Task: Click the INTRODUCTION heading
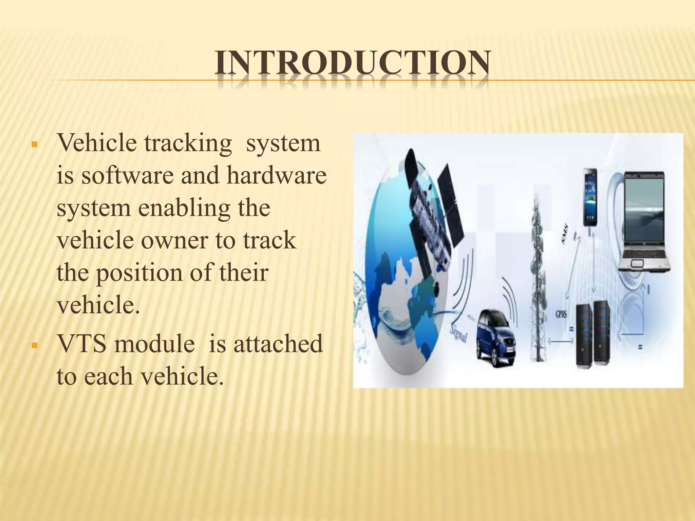click(x=352, y=63)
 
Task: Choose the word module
click(x=154, y=344)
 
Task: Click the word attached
click(x=277, y=344)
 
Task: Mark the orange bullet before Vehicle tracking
click(x=33, y=144)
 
